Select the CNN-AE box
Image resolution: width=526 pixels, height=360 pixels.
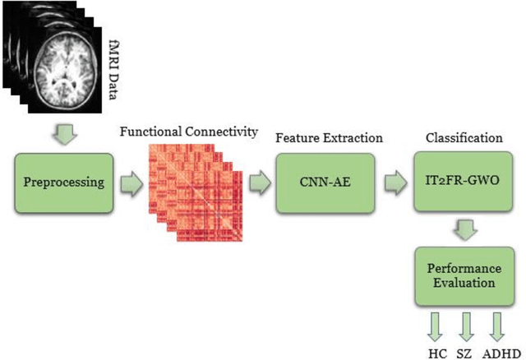pyautogui.click(x=316, y=182)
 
